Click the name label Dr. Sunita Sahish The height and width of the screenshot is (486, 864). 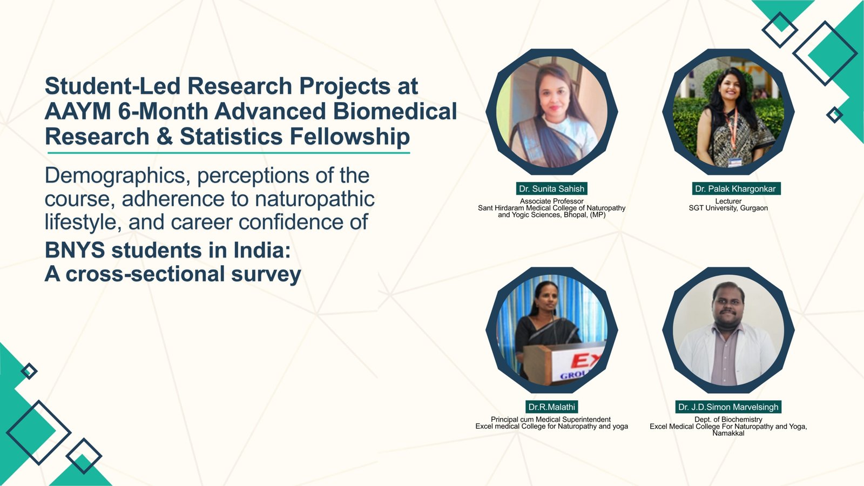click(551, 188)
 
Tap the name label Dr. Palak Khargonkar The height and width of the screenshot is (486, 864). click(735, 188)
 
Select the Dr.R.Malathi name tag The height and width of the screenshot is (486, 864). click(551, 407)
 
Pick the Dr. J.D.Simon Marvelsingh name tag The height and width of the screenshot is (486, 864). click(728, 407)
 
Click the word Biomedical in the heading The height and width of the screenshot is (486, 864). click(395, 111)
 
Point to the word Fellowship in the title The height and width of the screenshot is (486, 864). click(349, 137)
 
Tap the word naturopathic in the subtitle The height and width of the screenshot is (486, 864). click(315, 199)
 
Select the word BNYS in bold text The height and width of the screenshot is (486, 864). click(75, 250)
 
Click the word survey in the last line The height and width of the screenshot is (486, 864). click(266, 275)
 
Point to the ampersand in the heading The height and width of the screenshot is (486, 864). click(164, 137)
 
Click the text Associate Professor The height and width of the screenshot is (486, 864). click(551, 201)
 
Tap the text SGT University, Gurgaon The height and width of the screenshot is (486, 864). click(728, 208)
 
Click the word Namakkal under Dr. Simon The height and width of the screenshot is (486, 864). click(728, 433)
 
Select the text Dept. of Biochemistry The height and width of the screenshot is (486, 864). click(728, 419)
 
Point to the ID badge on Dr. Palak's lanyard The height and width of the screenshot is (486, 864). click(735, 162)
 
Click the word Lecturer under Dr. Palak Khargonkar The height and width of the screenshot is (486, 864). click(728, 201)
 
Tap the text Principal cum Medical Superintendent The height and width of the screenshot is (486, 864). click(551, 419)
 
